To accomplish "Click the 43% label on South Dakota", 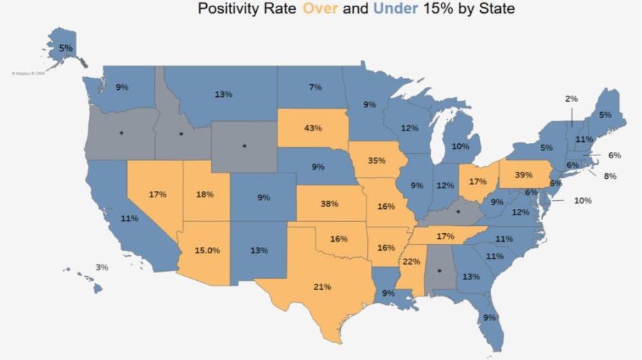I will tap(312, 128).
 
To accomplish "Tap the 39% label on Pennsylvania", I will tap(524, 175).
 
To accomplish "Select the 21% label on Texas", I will tap(322, 287).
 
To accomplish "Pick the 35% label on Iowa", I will tap(377, 161).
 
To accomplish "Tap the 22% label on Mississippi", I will tap(412, 262).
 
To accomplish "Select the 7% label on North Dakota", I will tap(314, 87).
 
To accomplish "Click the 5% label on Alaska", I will tap(66, 48).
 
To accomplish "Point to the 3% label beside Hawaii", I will tap(102, 267).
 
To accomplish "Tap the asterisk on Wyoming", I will tap(244, 145).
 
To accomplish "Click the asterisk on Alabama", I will tap(439, 271).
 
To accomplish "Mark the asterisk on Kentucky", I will tap(458, 212).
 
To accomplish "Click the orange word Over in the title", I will tap(322, 9).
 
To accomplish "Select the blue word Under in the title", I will tap(393, 9).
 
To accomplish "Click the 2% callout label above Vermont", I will tap(571, 98).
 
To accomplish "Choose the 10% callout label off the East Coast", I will tap(583, 200).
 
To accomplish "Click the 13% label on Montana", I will tap(224, 94).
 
